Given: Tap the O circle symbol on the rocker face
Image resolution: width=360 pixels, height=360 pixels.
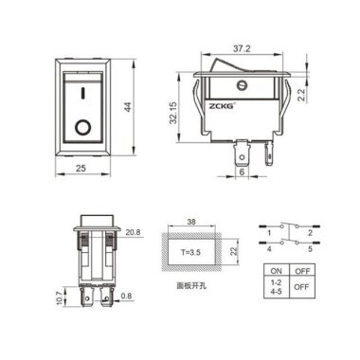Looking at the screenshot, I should click(x=83, y=125).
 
